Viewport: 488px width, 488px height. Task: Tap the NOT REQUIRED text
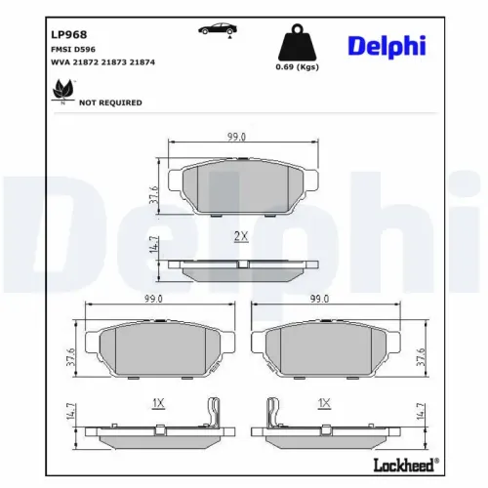(110, 102)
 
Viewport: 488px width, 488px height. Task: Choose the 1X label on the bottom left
(159, 402)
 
